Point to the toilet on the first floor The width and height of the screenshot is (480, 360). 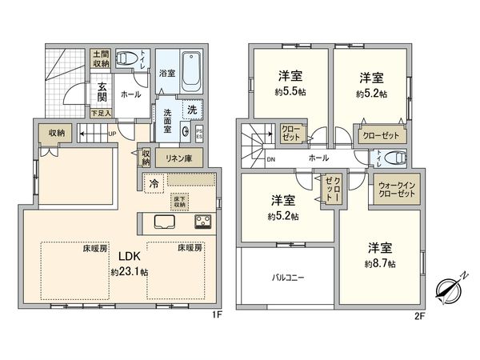click(126, 58)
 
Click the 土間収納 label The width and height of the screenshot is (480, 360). click(101, 58)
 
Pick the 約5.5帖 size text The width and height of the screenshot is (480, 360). click(290, 91)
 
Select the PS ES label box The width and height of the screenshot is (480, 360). click(199, 133)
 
